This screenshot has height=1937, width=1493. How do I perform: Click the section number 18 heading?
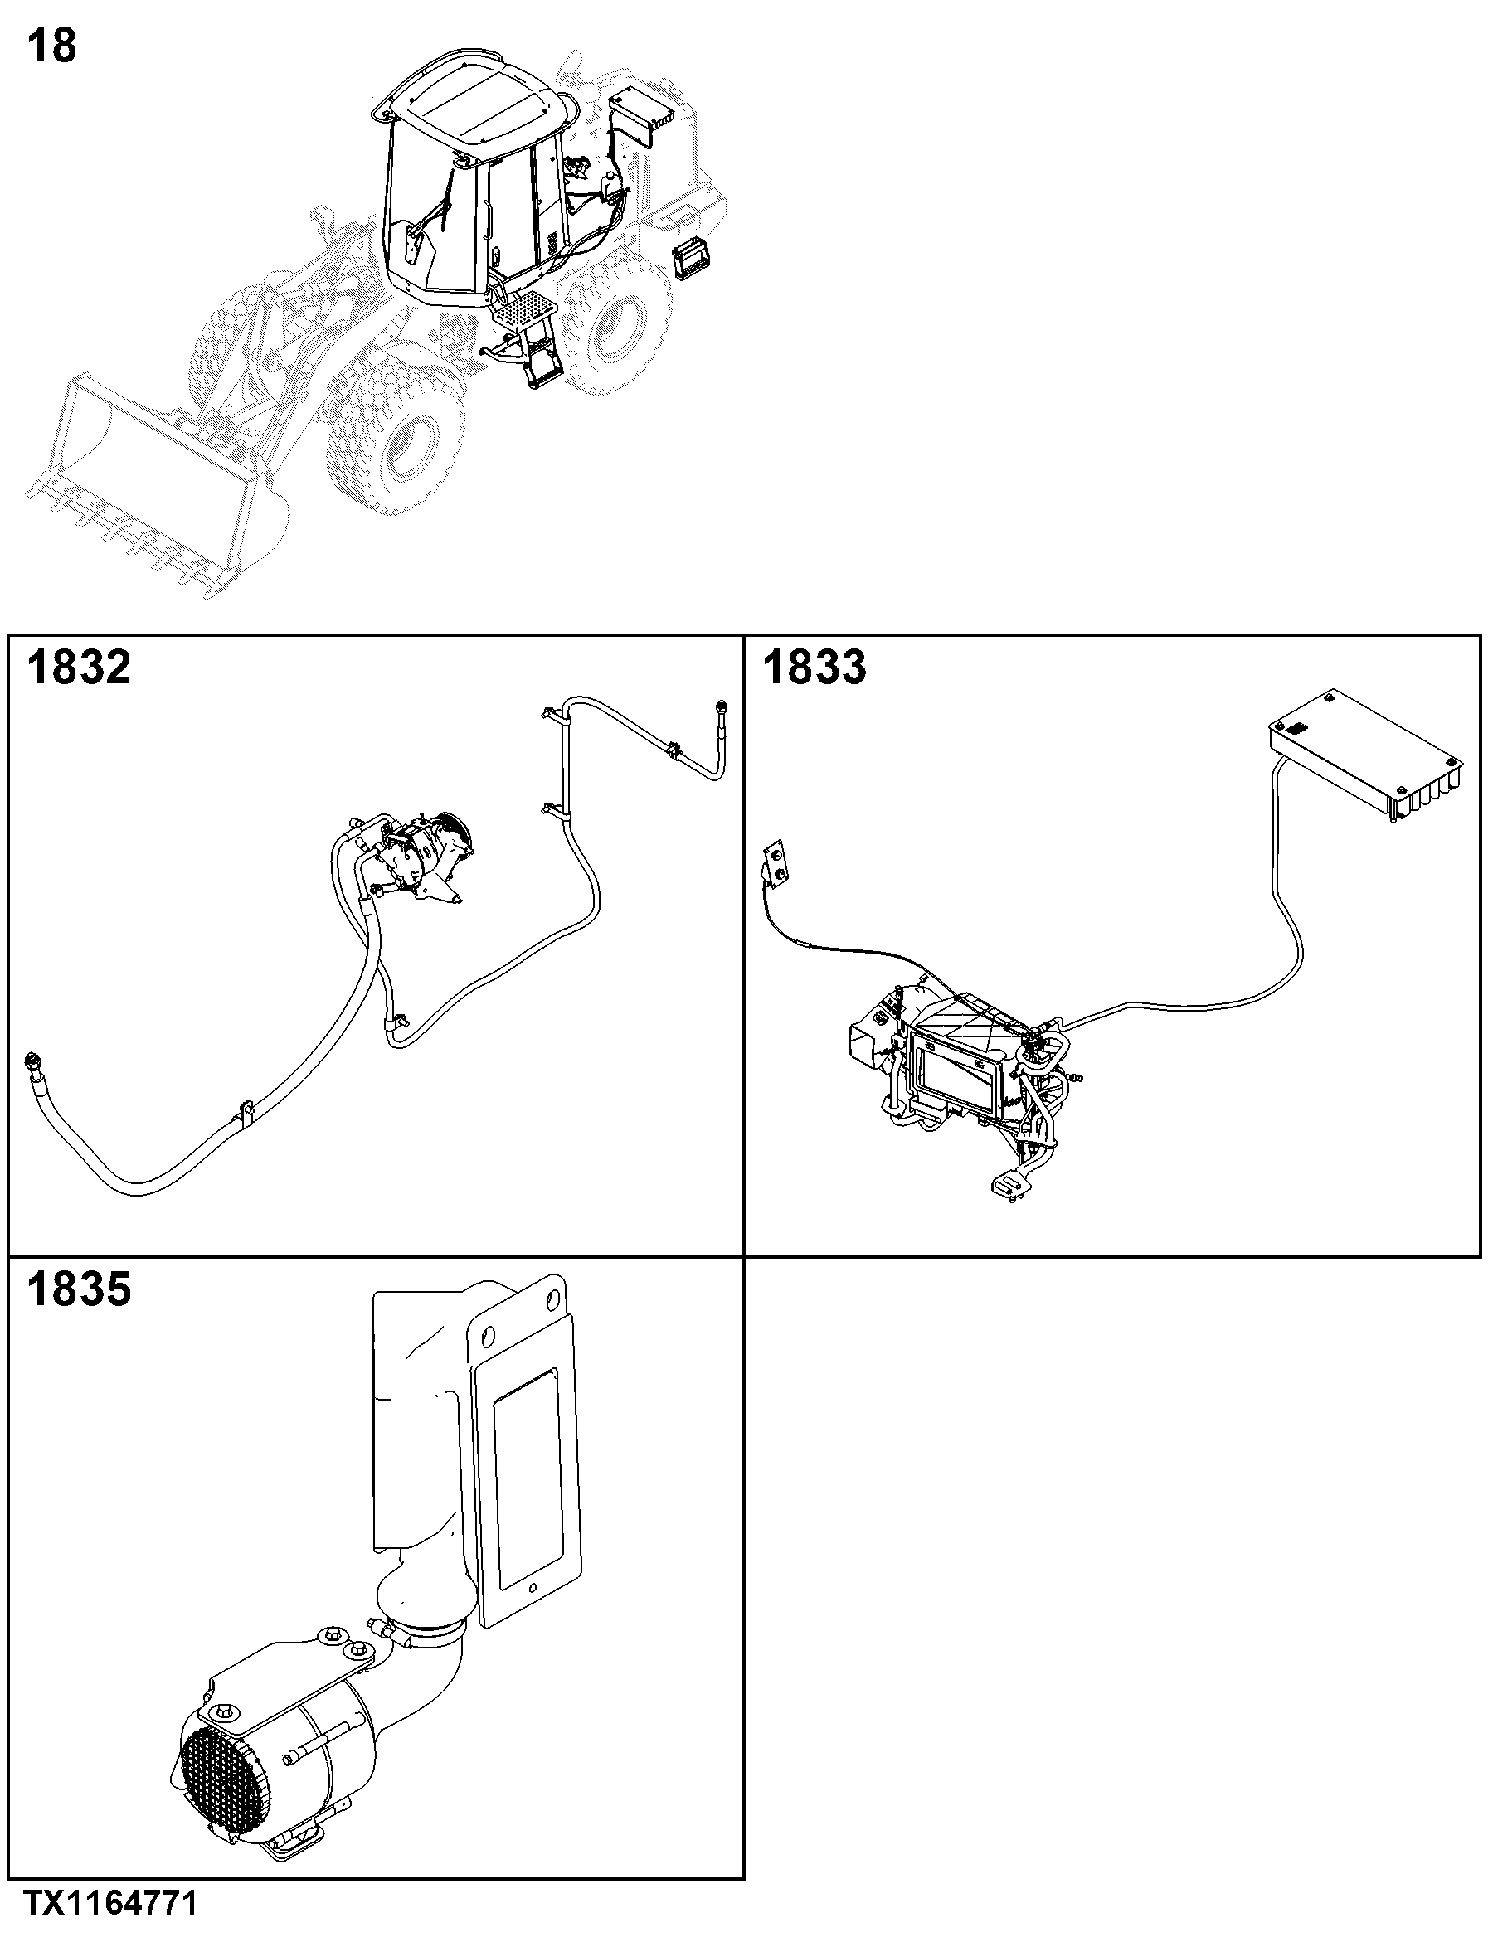[52, 46]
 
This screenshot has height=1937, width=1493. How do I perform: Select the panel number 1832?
[79, 667]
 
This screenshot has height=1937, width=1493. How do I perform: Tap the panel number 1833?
[815, 667]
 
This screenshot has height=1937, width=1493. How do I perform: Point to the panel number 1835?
[79, 1289]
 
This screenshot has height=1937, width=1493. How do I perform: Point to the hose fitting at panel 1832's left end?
[33, 1061]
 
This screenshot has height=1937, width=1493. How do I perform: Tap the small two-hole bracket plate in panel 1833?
[776, 863]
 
